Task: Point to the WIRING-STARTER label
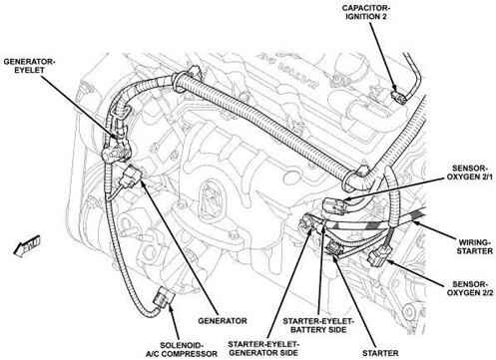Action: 462,244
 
